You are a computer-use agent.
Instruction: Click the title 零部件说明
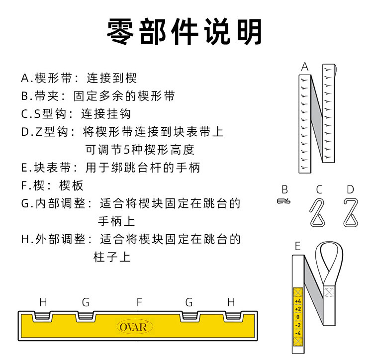click(185, 31)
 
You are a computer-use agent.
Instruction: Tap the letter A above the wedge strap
click(305, 67)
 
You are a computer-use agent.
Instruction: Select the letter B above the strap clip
click(284, 189)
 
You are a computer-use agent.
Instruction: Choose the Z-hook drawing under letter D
click(351, 212)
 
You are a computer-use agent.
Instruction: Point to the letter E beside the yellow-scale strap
click(297, 246)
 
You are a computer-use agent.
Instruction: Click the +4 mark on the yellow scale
click(298, 301)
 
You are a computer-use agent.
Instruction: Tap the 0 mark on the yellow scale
click(298, 316)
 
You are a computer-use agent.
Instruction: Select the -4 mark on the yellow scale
click(298, 332)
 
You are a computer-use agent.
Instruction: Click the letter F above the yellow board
click(139, 302)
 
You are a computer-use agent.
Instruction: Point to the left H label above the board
click(43, 302)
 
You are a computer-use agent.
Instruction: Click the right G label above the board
click(189, 302)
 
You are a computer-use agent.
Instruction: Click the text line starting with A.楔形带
click(79, 79)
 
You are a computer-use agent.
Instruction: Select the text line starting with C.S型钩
click(76, 114)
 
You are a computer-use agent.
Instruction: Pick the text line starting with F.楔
click(53, 185)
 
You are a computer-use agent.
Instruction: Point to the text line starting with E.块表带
click(110, 168)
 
